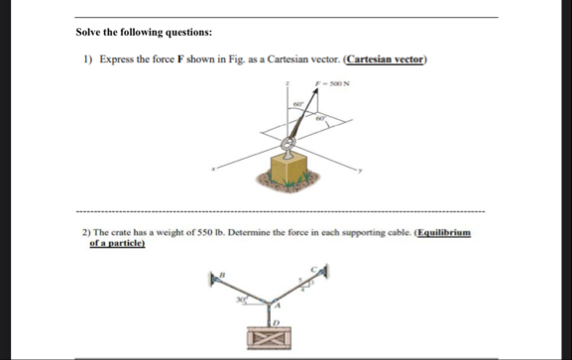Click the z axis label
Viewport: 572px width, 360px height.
click(286, 84)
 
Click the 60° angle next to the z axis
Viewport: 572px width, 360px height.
click(295, 102)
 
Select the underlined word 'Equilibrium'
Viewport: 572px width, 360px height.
click(443, 231)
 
